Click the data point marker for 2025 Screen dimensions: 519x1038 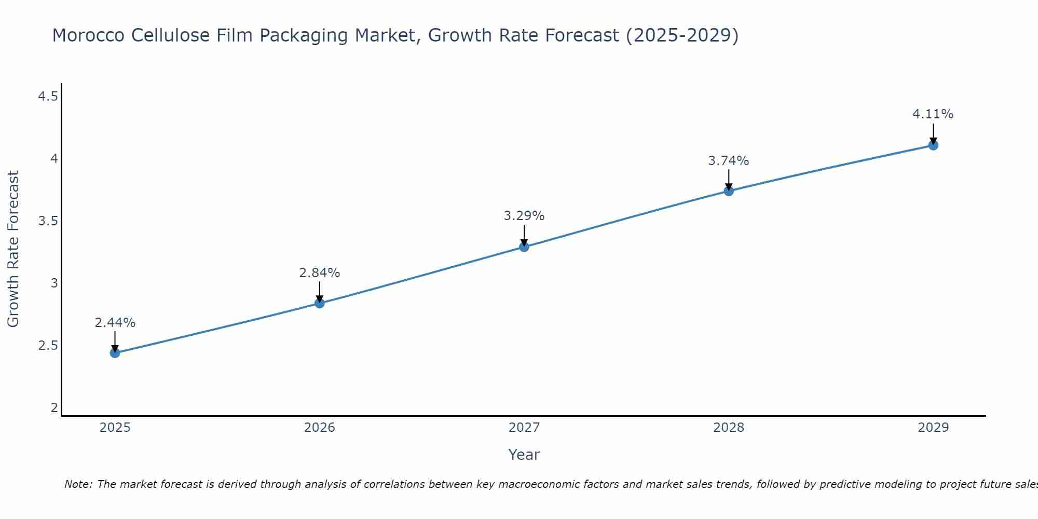pos(115,353)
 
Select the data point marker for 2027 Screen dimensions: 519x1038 pos(524,247)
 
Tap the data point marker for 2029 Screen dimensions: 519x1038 pos(933,145)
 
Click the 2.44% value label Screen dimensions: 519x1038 pos(115,323)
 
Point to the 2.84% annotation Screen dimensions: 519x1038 pos(319,273)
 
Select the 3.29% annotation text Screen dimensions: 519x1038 pos(524,216)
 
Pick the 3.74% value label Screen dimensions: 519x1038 pos(729,161)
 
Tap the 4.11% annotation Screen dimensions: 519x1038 pos(933,114)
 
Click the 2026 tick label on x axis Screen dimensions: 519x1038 pos(319,428)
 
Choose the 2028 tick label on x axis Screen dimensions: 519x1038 pos(729,428)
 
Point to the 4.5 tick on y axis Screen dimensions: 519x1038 pos(48,97)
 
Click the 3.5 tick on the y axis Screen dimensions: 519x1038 pos(48,221)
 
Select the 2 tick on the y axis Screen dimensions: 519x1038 pos(54,408)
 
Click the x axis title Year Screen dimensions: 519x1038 pos(524,455)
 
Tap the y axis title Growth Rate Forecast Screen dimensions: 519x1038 pos(13,249)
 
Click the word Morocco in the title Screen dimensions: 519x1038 pos(88,35)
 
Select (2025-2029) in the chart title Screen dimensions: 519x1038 pos(682,35)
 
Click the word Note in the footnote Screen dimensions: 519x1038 pos(78,484)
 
